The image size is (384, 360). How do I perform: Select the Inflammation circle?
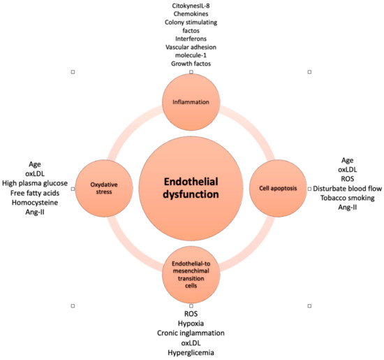pyautogui.click(x=191, y=103)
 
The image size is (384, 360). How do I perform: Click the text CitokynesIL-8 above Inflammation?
pyautogui.click(x=191, y=6)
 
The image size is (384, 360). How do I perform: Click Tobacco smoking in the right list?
pyautogui.click(x=346, y=198)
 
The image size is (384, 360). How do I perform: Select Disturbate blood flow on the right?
pyautogui.click(x=347, y=188)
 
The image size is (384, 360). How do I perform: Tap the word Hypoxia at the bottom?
pyautogui.click(x=191, y=324)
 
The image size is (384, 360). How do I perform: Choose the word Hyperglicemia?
pyautogui.click(x=191, y=354)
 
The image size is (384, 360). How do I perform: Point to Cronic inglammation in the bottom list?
pyautogui.click(x=191, y=334)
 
